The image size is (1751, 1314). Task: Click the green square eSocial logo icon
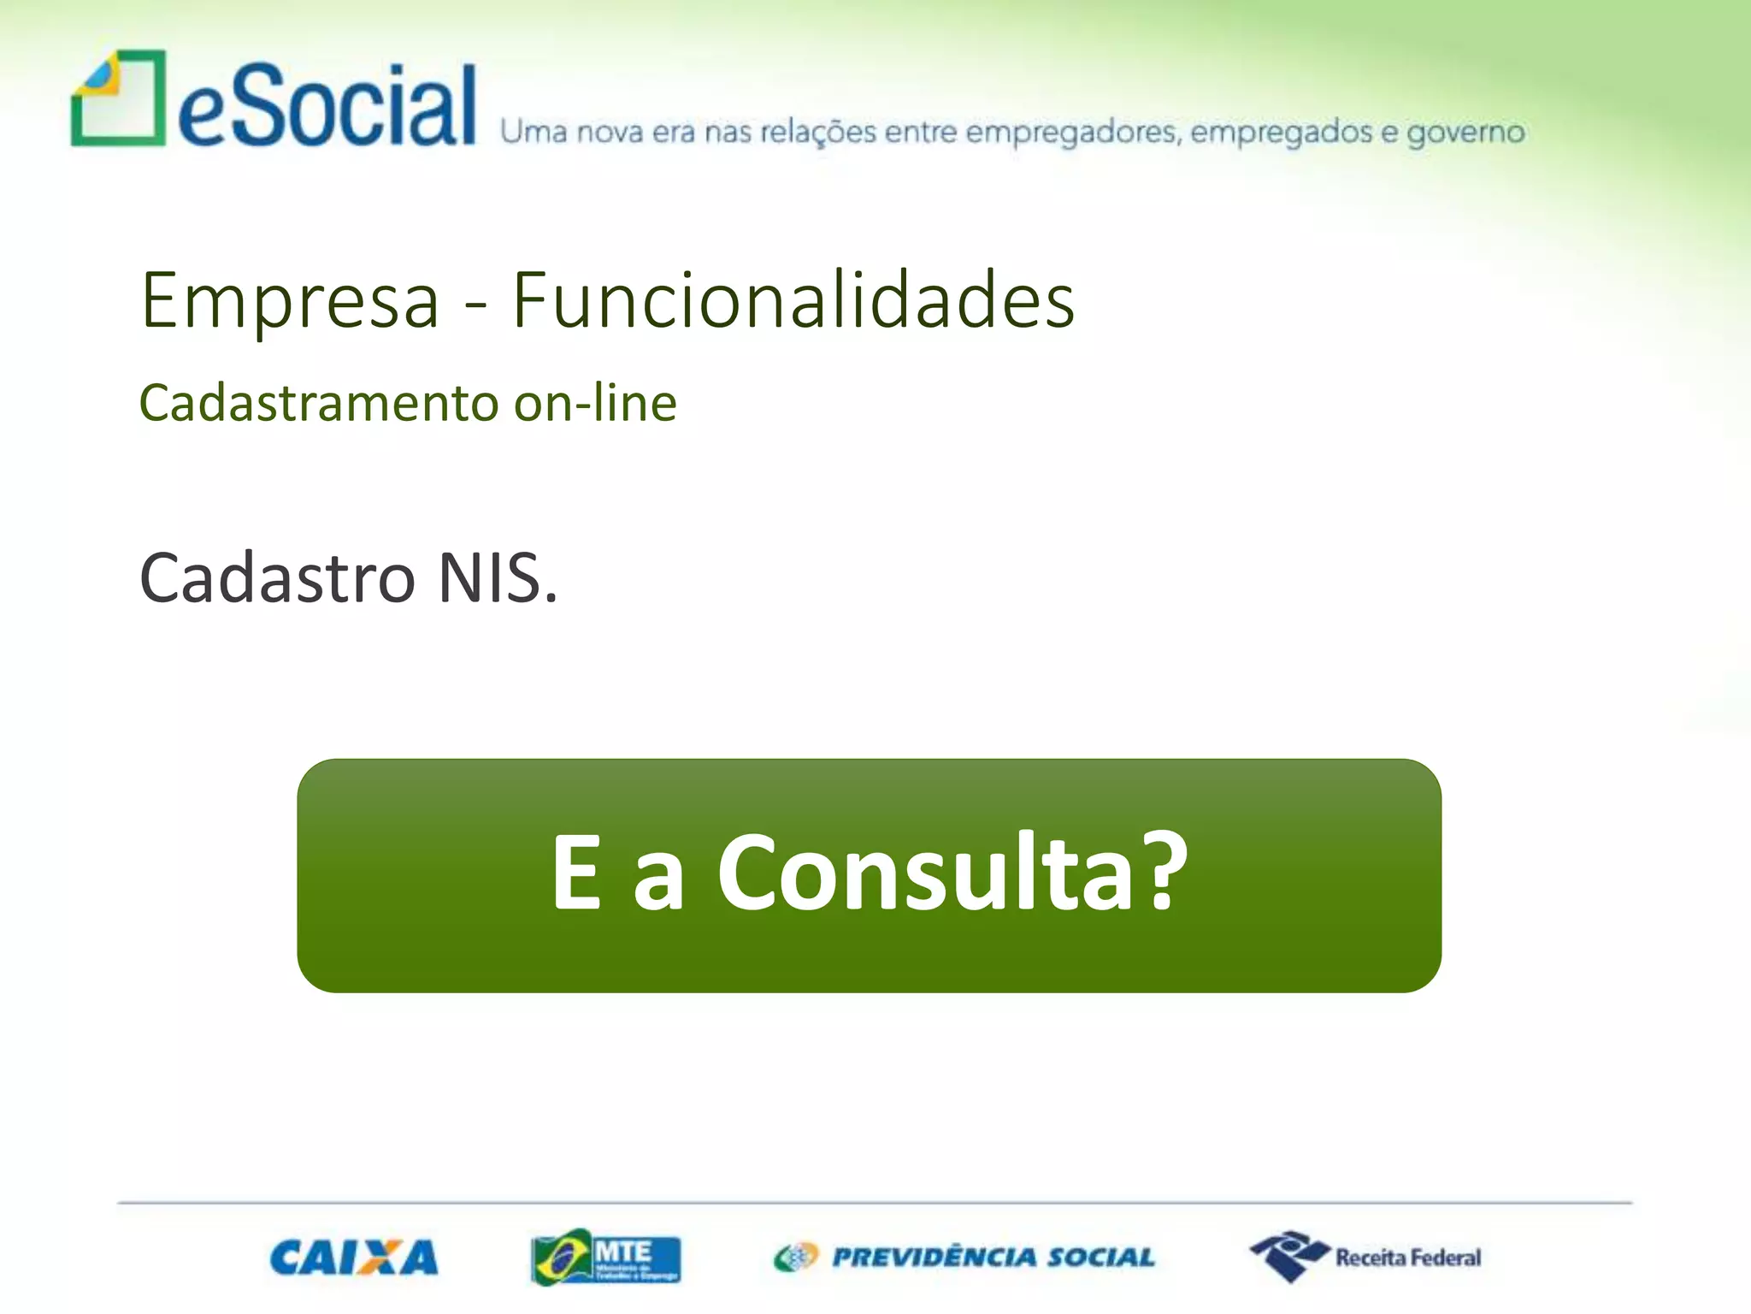click(118, 98)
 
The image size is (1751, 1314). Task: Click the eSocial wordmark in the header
click(327, 107)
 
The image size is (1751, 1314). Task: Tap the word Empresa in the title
click(290, 300)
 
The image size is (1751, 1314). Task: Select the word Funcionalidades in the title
click(793, 300)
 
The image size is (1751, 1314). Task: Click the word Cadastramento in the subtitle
click(319, 403)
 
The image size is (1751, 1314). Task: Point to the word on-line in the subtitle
click(595, 403)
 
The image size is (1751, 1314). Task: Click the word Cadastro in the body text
click(277, 578)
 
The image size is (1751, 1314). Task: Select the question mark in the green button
click(1164, 871)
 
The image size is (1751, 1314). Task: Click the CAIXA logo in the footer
click(354, 1258)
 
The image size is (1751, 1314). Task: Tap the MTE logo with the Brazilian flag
click(606, 1258)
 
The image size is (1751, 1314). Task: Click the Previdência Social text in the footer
click(993, 1258)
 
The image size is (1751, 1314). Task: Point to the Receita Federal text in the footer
click(1408, 1258)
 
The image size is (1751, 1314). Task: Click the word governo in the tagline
click(1465, 133)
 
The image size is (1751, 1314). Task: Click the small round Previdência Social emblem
click(796, 1258)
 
